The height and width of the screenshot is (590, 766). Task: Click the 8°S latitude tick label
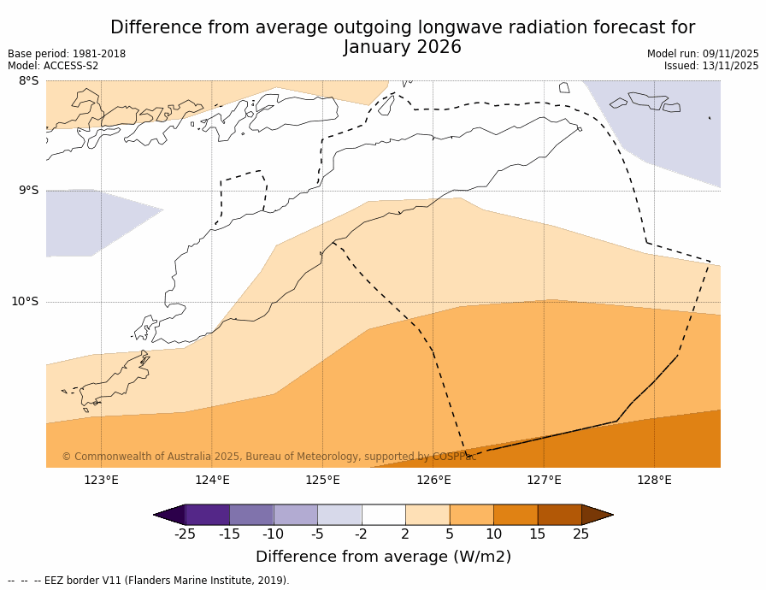[x=28, y=81]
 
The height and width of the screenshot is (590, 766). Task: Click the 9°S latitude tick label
[x=28, y=191]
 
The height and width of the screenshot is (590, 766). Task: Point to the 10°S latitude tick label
[x=25, y=301]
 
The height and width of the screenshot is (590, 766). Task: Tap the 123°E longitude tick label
[x=101, y=480]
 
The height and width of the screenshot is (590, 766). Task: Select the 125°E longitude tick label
[x=322, y=480]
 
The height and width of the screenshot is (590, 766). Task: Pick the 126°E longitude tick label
[x=433, y=480]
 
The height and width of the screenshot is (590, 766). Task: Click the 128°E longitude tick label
[x=654, y=480]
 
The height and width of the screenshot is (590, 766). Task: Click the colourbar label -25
[x=185, y=534]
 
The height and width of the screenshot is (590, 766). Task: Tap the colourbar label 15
[x=537, y=534]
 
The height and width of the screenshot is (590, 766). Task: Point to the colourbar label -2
[x=362, y=534]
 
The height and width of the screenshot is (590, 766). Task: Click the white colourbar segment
[x=383, y=515]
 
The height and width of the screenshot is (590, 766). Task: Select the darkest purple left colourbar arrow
[x=170, y=515]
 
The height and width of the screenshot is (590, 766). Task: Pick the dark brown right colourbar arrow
[x=597, y=515]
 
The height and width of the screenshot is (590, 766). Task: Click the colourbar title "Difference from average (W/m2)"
[x=383, y=557]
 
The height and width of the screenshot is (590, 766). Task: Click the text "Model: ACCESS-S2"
[x=53, y=66]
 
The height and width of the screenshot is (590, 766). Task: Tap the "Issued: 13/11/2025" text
[x=711, y=66]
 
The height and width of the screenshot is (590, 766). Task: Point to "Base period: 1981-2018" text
[x=67, y=54]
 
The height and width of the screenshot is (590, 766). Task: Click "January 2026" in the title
[x=403, y=48]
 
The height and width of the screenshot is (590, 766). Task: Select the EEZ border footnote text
[x=149, y=581]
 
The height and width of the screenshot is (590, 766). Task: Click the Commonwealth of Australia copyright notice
[x=269, y=457]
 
